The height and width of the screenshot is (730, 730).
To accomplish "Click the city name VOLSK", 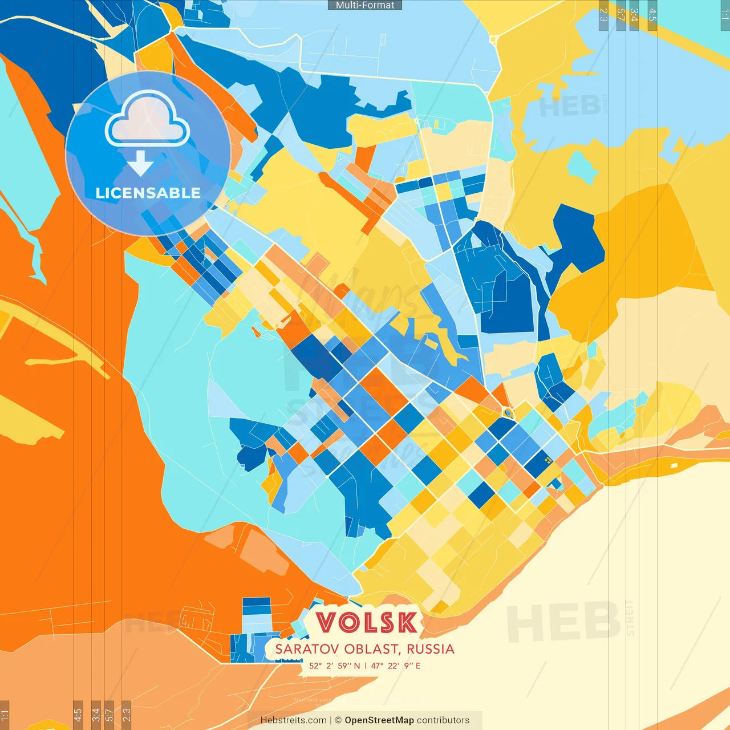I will click(x=366, y=623).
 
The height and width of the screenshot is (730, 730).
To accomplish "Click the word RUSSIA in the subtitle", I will click(x=431, y=649).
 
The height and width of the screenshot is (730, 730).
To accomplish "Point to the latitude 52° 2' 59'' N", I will click(x=335, y=666).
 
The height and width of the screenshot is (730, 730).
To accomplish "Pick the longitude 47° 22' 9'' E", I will click(x=396, y=666).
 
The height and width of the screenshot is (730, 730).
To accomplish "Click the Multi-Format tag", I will click(x=365, y=5).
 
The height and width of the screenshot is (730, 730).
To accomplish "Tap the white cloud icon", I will click(x=147, y=121).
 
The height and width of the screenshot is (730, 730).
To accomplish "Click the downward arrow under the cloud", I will click(x=140, y=163).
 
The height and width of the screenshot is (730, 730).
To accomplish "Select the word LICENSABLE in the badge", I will click(x=148, y=193).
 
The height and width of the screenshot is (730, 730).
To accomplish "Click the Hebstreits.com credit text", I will click(x=293, y=720).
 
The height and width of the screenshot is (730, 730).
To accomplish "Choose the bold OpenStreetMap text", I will click(x=379, y=720).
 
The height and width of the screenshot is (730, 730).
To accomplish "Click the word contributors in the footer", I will click(x=443, y=720).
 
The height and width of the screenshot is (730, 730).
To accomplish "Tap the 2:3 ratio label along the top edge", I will click(x=603, y=15).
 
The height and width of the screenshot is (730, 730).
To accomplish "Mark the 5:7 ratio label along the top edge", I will click(x=620, y=15).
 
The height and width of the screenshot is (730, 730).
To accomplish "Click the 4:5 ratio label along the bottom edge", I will click(x=78, y=714).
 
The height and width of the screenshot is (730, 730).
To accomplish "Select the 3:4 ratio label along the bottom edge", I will click(x=96, y=714).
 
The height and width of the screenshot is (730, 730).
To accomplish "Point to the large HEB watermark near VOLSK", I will click(x=563, y=622).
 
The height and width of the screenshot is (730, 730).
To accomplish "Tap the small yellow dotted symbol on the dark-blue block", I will click(x=547, y=459).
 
